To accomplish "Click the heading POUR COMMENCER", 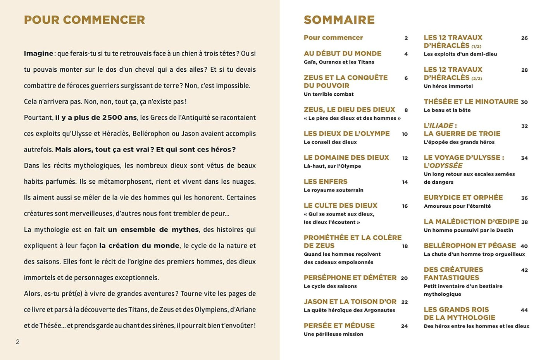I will (x=84, y=20).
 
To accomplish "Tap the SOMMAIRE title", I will (x=339, y=20).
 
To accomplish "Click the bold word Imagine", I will (x=38, y=53).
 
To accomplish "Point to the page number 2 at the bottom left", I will (x=17, y=342).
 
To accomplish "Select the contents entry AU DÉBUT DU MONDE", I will (x=343, y=53).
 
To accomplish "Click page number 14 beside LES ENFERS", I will (x=405, y=182).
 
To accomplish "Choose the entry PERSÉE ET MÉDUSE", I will (x=339, y=326).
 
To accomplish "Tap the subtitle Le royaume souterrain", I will (x=333, y=190).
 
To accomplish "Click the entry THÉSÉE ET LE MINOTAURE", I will (x=470, y=102).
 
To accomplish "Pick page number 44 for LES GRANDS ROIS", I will (x=524, y=310).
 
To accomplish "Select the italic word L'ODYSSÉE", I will (x=443, y=165).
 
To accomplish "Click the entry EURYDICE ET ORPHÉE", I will (x=463, y=198).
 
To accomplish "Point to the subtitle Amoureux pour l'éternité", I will (x=457, y=206).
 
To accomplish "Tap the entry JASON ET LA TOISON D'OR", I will (x=350, y=301).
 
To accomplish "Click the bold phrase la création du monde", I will (x=139, y=246).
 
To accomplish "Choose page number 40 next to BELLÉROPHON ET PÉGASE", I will (x=524, y=246).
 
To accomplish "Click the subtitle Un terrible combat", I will (x=329, y=94).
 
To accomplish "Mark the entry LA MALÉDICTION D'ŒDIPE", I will (x=471, y=222).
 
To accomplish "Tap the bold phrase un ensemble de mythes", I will (x=153, y=230).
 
